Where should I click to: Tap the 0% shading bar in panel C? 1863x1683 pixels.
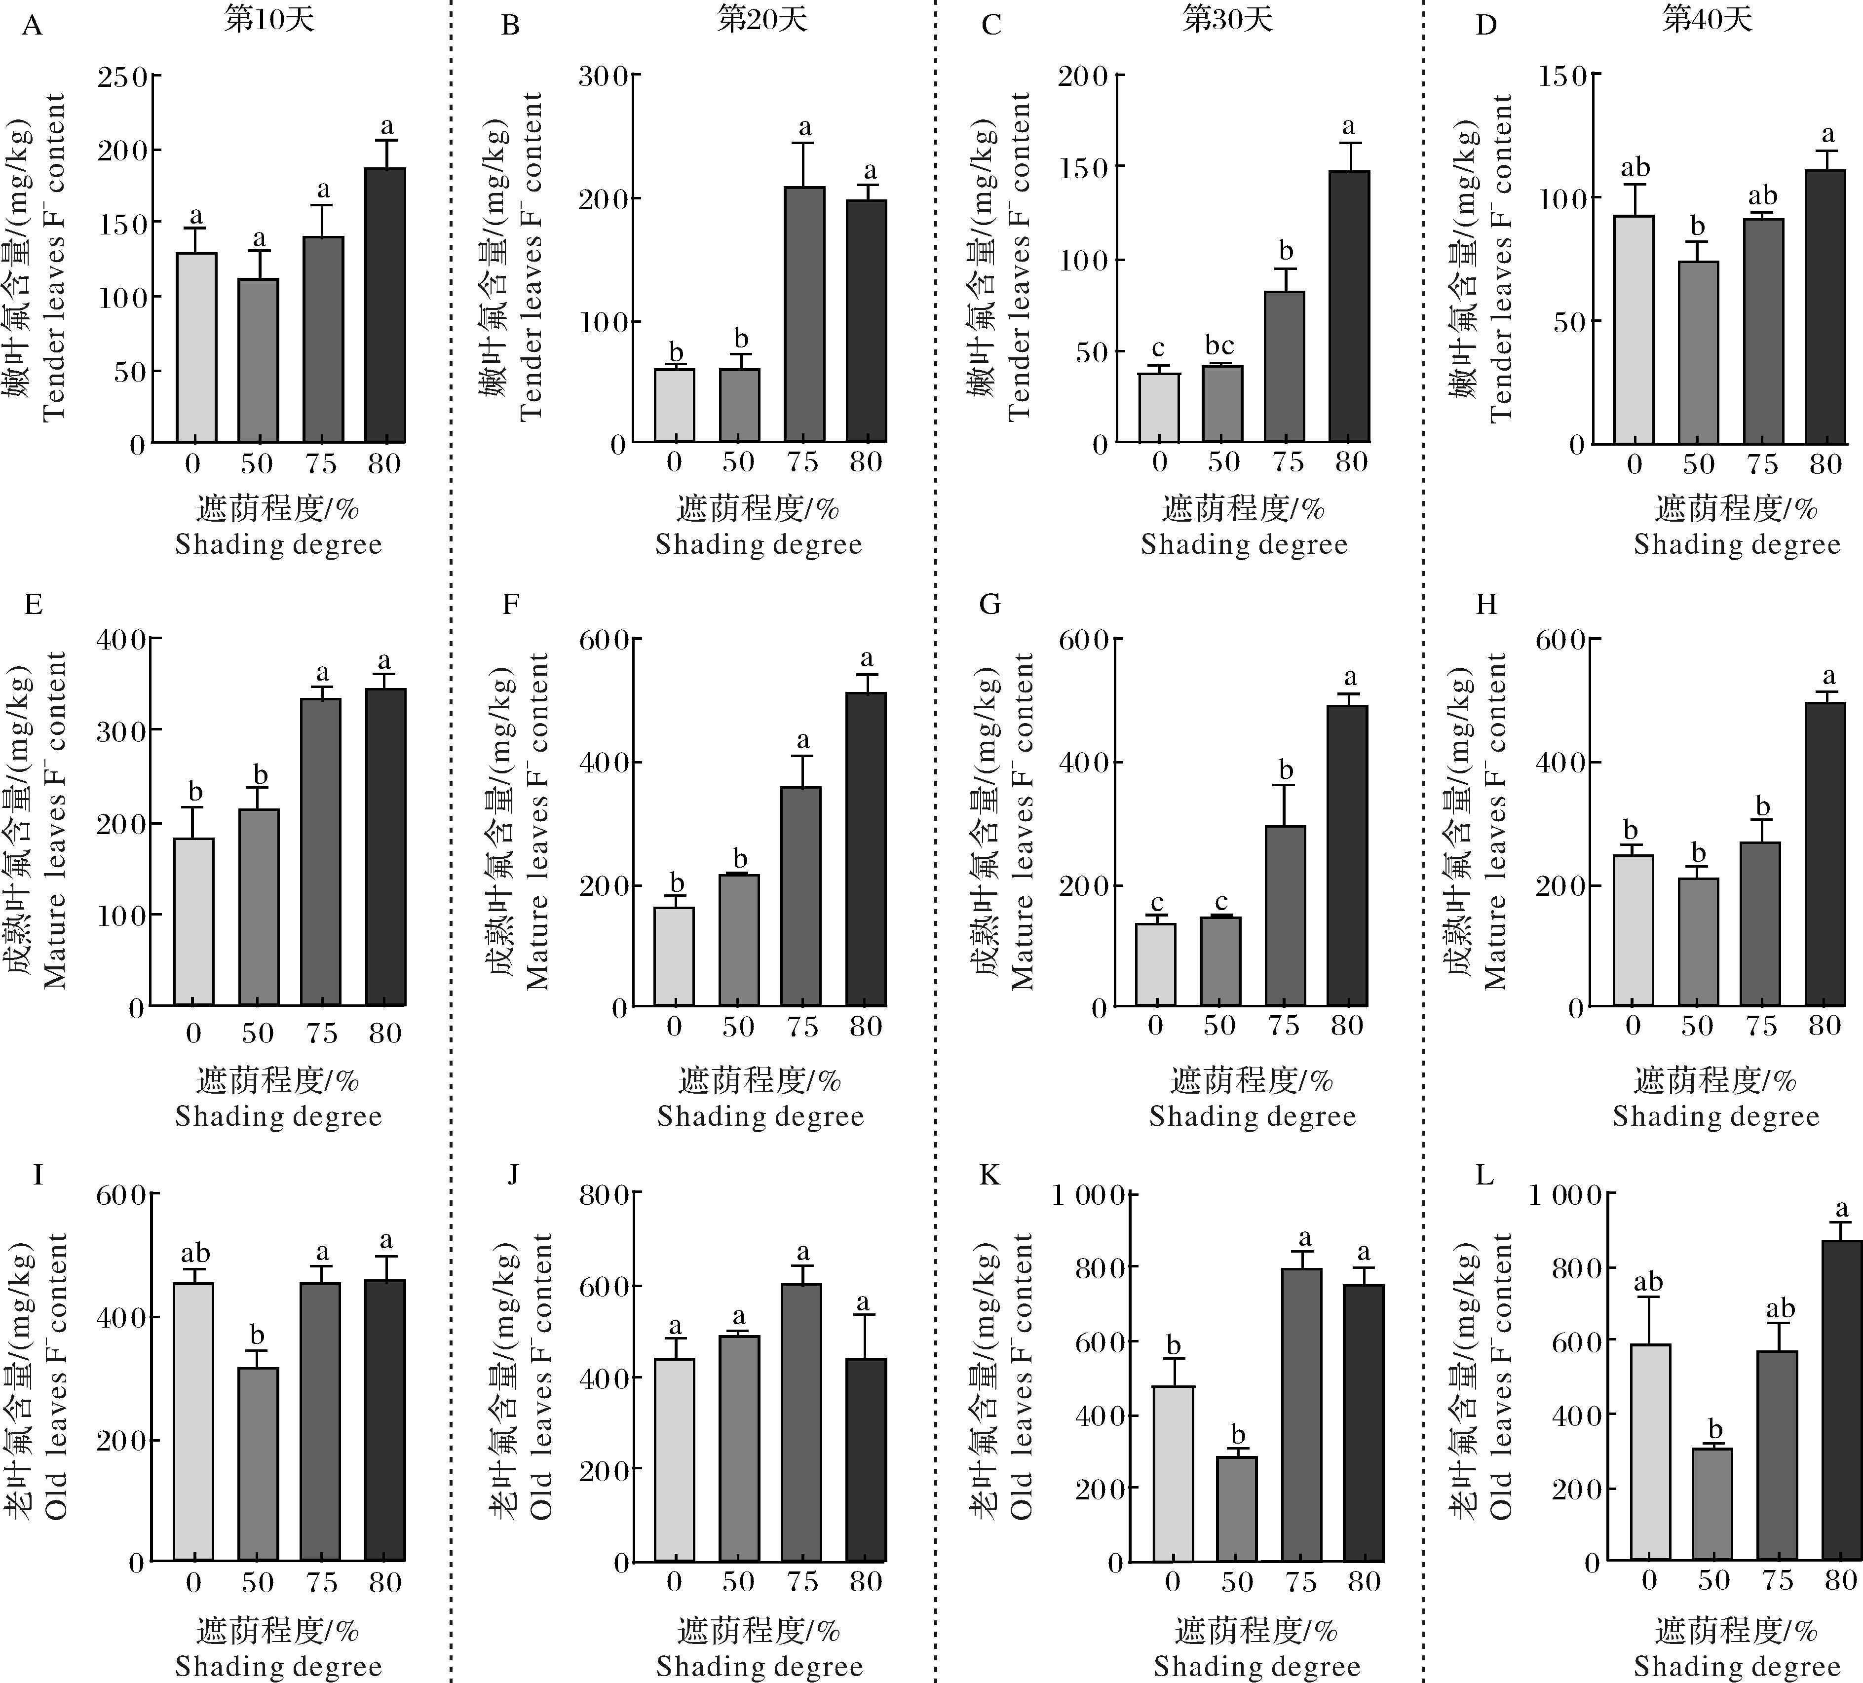tap(1159, 408)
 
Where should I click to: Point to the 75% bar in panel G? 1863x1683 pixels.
tap(1285, 915)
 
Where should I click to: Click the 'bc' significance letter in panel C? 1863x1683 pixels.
tap(1220, 345)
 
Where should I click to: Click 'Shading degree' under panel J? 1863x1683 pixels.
tap(760, 1666)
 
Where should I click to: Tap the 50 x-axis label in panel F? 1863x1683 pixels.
tap(738, 1026)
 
